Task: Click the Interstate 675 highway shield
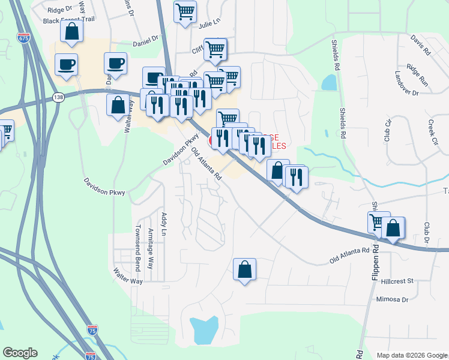pyautogui.click(x=23, y=38)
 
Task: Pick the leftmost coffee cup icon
pyautogui.click(x=66, y=64)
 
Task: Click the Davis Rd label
pyautogui.click(x=421, y=45)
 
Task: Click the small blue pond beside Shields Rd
pyautogui.click(x=328, y=82)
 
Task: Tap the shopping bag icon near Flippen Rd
pyautogui.click(x=393, y=229)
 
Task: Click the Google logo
pyautogui.click(x=20, y=353)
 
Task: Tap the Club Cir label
pyautogui.click(x=388, y=131)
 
